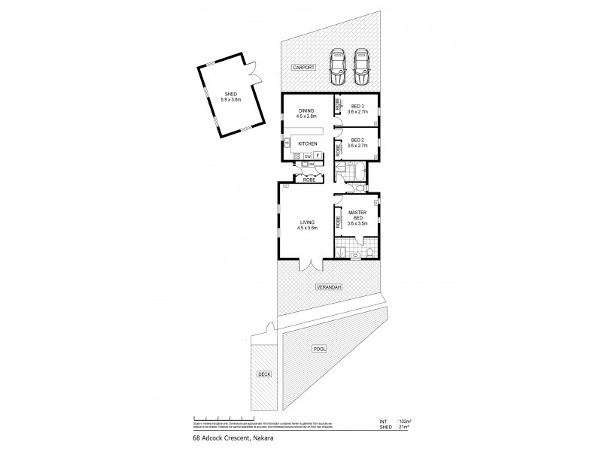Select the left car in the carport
336,67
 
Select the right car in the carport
363,67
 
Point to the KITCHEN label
308,144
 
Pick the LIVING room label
306,224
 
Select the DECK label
263,374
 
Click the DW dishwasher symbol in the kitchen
307,156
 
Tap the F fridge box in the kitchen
318,156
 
